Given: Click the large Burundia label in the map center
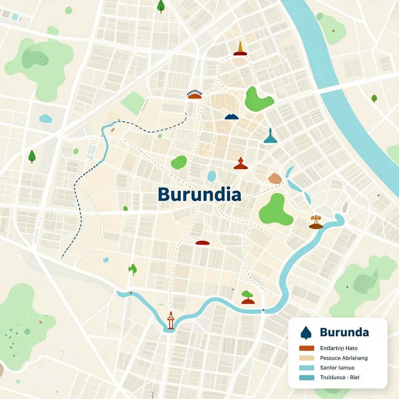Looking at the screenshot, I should pyautogui.click(x=199, y=194).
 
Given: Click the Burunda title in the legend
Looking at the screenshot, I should pyautogui.click(x=344, y=332).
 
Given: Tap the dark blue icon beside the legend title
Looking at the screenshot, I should pyautogui.click(x=306, y=332).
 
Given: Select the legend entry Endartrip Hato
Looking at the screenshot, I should pyautogui.click(x=339, y=348).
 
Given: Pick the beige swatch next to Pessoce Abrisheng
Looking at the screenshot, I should pyautogui.click(x=307, y=358).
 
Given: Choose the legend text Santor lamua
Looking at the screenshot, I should pyautogui.click(x=337, y=367).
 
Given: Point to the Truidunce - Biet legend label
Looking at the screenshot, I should pyautogui.click(x=340, y=377).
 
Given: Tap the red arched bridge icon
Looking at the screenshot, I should pyautogui.click(x=195, y=94).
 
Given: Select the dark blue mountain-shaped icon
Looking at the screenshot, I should pyautogui.click(x=232, y=116).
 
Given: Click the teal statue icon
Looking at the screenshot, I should pyautogui.click(x=270, y=136).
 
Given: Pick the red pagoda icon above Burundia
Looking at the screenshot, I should pyautogui.click(x=241, y=164).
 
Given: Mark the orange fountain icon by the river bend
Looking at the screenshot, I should pyautogui.click(x=316, y=222).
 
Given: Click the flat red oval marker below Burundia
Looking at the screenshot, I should pyautogui.click(x=203, y=243).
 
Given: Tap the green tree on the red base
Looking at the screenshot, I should pyautogui.click(x=248, y=297).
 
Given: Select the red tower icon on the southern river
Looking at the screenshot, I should pyautogui.click(x=170, y=321).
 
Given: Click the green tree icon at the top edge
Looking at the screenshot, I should pyautogui.click(x=161, y=6).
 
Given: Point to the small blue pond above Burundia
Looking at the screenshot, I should pyautogui.click(x=212, y=176).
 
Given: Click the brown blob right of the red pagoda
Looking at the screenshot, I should pyautogui.click(x=275, y=178).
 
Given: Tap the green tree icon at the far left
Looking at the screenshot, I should pyautogui.click(x=32, y=156).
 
